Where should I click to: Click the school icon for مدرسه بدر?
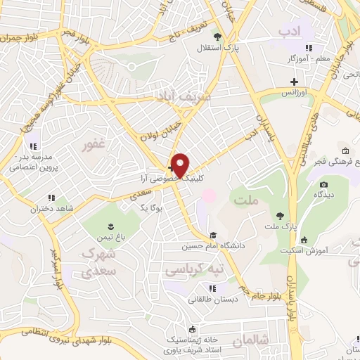click(33, 146)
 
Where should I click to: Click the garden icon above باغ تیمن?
click(110, 226)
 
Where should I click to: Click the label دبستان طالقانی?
click(213, 298)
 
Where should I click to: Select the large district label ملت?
click(247, 201)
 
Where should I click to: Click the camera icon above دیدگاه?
click(323, 185)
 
